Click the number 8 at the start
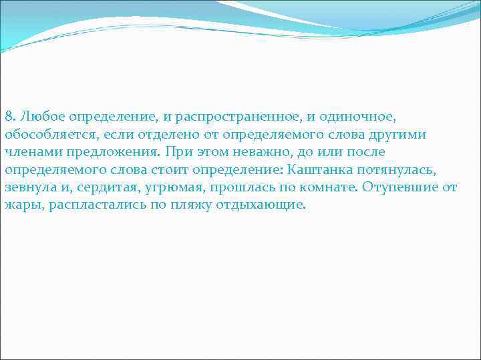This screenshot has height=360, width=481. point(8,117)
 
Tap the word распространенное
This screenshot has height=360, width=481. point(232,117)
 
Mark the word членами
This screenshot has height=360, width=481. point(31,152)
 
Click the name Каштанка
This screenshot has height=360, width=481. point(321,169)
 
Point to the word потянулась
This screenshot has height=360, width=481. point(399,169)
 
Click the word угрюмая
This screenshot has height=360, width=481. point(174,187)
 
